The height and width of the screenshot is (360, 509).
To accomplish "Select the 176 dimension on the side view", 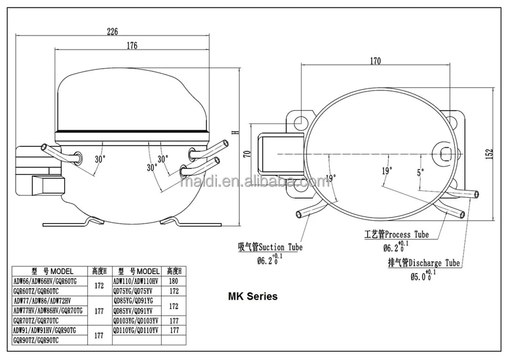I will click(132, 46).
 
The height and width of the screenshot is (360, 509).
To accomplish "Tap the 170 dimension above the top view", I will click(375, 62).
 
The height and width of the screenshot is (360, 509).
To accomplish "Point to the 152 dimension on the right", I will click(489, 155).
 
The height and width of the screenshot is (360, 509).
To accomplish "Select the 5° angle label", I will click(420, 172).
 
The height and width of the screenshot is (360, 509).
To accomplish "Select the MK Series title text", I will click(253, 296).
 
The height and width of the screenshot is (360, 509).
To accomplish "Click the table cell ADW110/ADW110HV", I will click(137, 280).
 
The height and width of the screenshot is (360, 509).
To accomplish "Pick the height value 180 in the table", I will click(174, 280).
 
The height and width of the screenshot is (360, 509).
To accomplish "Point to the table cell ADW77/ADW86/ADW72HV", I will click(43, 301).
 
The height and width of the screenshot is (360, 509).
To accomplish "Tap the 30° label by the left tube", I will click(101, 159).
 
